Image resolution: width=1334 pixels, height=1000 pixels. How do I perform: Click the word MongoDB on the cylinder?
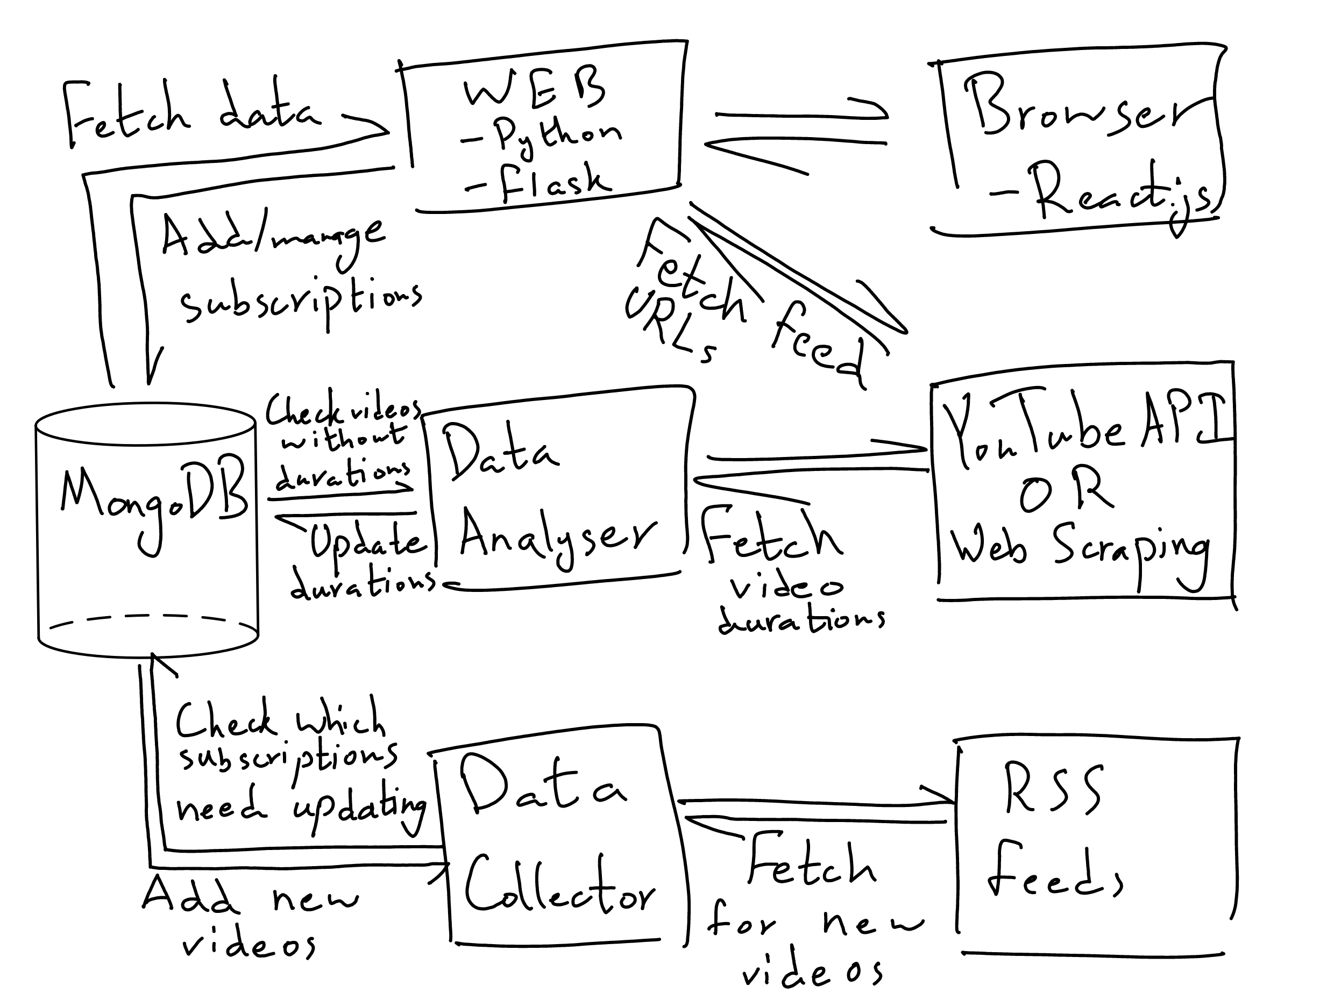click(x=154, y=498)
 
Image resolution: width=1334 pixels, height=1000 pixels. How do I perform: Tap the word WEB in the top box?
click(x=534, y=90)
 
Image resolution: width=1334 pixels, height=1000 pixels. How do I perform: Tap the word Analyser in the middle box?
click(x=558, y=537)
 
